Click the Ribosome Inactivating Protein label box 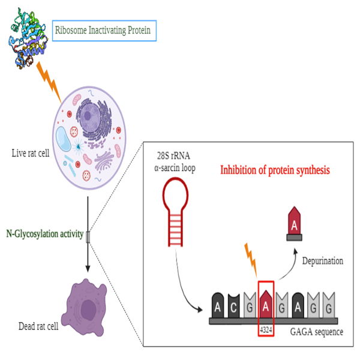(x=104, y=30)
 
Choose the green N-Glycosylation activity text (x=45, y=234)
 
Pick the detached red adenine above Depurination (x=293, y=223)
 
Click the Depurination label (x=322, y=261)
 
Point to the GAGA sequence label (x=316, y=331)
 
